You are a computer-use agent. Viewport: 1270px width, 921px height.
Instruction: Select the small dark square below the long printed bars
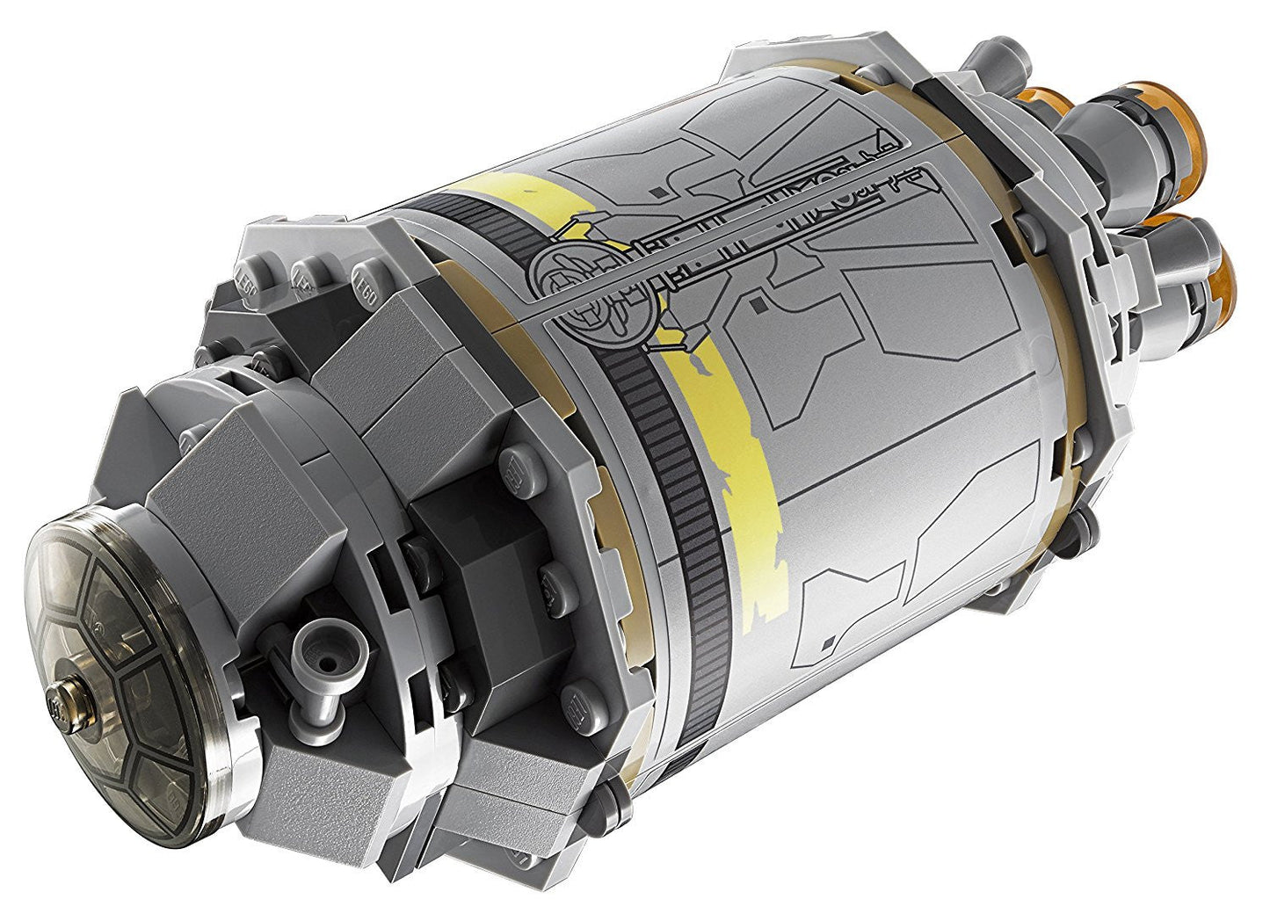pyautogui.click(x=757, y=304)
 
